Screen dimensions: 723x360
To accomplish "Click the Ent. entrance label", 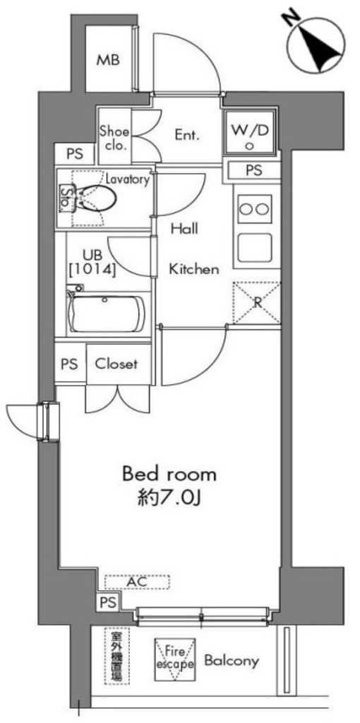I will (187, 134).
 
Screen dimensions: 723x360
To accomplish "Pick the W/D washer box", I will (250, 133).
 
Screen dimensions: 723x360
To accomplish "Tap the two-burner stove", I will (254, 208).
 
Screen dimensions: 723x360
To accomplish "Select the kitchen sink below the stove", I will (254, 246).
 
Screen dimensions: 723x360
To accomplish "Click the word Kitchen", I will (193, 268).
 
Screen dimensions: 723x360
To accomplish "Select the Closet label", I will (116, 364).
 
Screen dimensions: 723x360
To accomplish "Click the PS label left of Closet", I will (68, 364).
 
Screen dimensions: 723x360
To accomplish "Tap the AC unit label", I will (138, 582).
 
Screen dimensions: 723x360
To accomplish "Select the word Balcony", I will (232, 661).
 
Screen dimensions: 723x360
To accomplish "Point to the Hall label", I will (185, 229).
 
